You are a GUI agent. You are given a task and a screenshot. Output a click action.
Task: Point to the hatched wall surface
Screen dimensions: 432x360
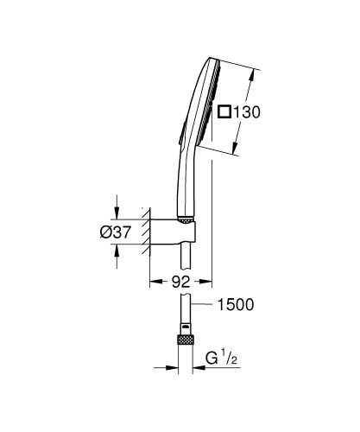tap(145, 231)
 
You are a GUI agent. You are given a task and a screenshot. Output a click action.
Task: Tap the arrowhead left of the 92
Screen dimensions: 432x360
tap(155, 281)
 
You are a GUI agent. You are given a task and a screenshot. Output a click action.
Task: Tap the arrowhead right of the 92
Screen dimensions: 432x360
tap(206, 281)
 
